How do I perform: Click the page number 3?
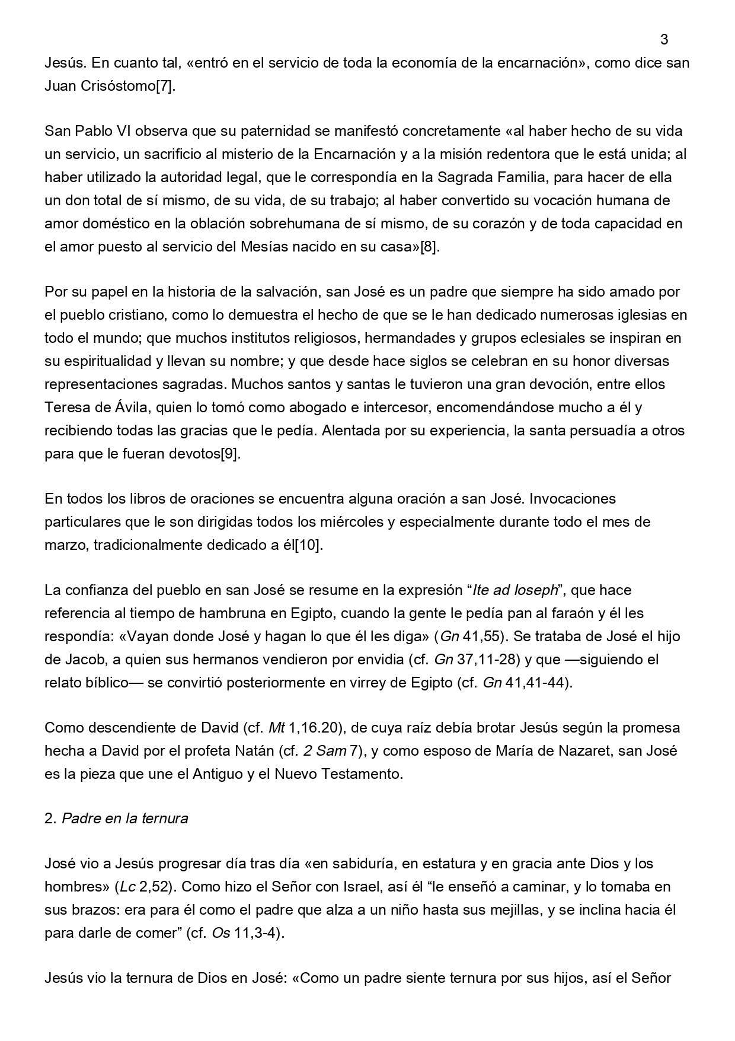coord(664,40)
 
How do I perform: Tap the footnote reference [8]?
coord(429,247)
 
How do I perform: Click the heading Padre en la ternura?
coord(125,819)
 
